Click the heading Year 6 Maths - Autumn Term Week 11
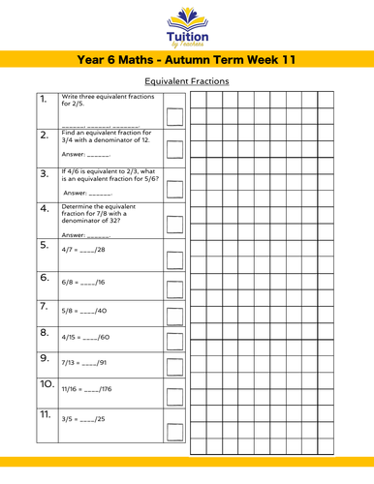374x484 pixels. [x=186, y=60]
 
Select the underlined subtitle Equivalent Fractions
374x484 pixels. [x=186, y=81]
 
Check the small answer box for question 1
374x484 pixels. [x=174, y=118]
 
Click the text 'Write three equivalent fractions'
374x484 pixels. [x=104, y=98]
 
